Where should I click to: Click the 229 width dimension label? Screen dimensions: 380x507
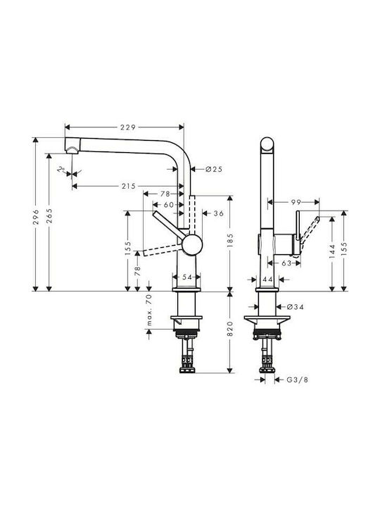coord(128,127)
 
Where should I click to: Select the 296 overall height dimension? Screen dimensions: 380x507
coord(36,217)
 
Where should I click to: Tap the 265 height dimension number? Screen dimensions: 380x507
coord(49,216)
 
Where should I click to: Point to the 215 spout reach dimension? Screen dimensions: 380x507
coord(129,186)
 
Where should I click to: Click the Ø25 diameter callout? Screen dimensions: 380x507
coord(214,169)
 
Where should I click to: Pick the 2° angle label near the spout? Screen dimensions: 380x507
coord(61,169)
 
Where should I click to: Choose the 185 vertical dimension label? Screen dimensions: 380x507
coord(230,240)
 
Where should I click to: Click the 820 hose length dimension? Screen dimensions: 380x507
coord(230,329)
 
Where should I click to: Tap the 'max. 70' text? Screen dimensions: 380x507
coord(149,310)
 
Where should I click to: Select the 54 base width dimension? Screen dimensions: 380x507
coord(186,277)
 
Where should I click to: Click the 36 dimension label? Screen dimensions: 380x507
coord(219,213)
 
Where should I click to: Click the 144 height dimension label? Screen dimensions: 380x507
coord(332,251)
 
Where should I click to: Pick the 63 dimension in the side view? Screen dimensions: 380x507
coord(286,263)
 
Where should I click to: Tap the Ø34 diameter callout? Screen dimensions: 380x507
coord(295,306)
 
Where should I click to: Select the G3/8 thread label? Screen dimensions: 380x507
coord(298,380)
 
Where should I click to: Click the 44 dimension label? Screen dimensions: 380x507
coord(268,280)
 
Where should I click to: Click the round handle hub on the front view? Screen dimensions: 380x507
coord(192,244)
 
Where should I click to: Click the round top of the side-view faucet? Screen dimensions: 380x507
coord(268,144)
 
